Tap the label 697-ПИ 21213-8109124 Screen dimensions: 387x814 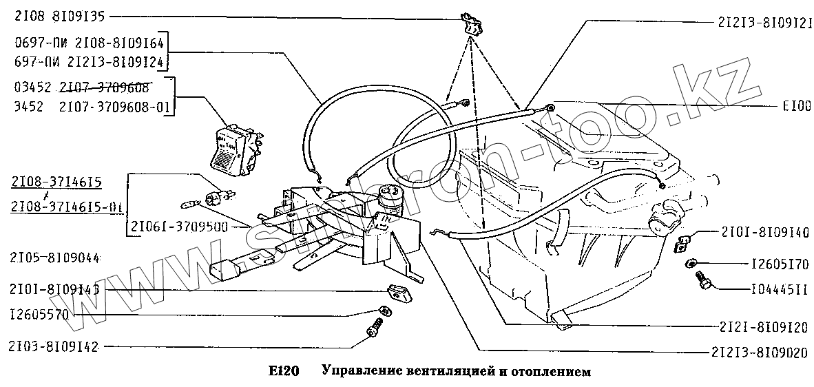87,63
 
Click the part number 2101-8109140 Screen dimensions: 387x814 765,232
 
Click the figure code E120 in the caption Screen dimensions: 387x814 283,371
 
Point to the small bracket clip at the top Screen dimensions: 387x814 472,25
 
